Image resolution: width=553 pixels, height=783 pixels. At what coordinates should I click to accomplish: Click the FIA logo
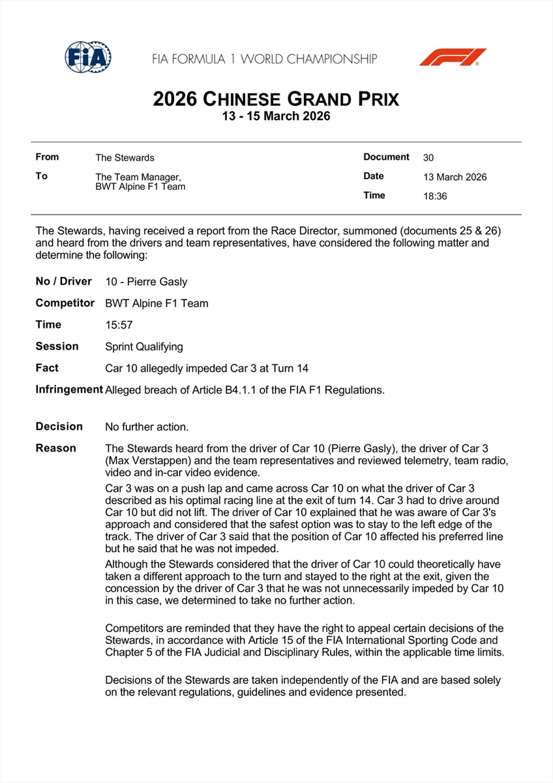coord(88,57)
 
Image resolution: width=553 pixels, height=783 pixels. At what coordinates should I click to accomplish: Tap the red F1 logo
coord(453,57)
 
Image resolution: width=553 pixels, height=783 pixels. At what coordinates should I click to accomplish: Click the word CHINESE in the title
coord(241,99)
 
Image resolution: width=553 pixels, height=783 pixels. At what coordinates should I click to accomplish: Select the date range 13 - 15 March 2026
coord(276,117)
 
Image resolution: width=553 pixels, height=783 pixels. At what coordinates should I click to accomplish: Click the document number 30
coord(428,157)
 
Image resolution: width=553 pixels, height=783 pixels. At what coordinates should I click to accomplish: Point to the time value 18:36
coord(435,196)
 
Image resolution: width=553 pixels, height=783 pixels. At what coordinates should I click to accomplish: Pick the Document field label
coord(386,157)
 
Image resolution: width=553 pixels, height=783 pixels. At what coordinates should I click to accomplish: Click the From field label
coord(47,157)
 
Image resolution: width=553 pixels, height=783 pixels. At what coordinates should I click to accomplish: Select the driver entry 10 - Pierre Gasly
coord(146,282)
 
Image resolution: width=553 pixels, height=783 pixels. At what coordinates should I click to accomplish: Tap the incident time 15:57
coord(118,325)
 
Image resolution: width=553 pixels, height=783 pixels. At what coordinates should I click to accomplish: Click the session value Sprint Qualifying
coord(144,346)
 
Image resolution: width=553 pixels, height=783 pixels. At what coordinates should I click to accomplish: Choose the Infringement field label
coord(69,390)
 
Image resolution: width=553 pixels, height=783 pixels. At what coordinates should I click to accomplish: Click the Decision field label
coord(59,427)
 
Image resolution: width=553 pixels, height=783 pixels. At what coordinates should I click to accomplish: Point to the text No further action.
coord(147,427)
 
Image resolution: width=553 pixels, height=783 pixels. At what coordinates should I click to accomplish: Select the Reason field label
coord(56,448)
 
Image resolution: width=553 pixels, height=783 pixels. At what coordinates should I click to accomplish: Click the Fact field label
coord(47,368)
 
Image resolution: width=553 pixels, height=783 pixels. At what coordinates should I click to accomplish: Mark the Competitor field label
coord(65,303)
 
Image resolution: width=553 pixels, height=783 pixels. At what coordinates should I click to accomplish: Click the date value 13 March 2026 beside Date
coord(455,177)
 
